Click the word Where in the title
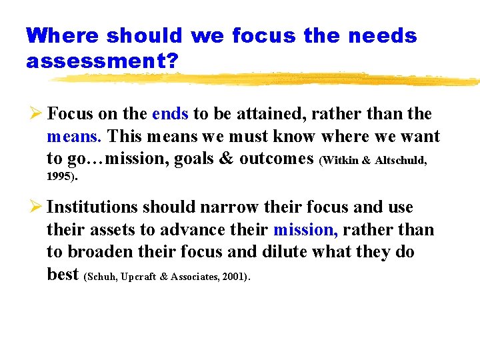(61, 35)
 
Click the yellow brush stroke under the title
(267, 80)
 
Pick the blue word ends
(170, 114)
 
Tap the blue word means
(73, 137)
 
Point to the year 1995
(60, 177)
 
